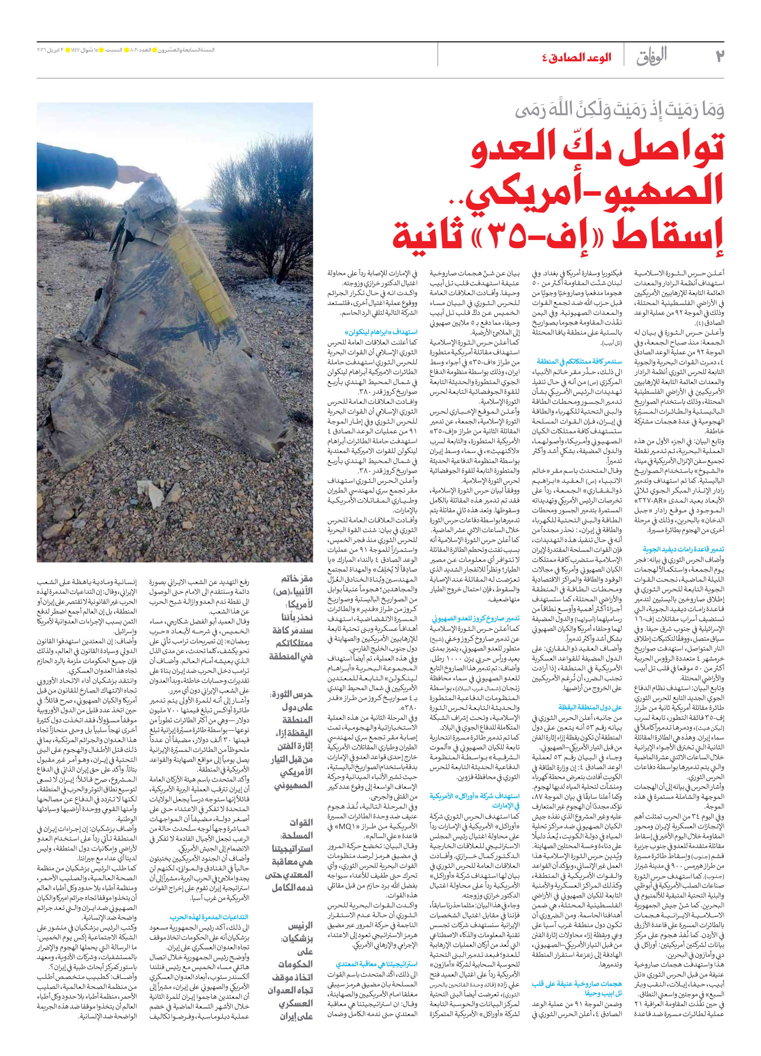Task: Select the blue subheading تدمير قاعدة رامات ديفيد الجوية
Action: click(x=683, y=549)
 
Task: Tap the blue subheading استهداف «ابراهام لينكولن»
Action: click(x=381, y=333)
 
